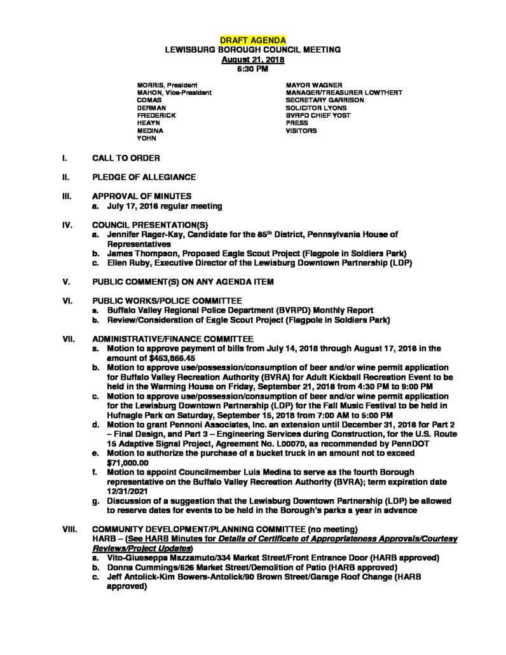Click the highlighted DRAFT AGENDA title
[252, 40]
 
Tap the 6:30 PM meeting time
[252, 68]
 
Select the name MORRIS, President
[167, 85]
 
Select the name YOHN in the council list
[147, 138]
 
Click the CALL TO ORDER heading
[126, 157]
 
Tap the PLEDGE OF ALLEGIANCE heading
[144, 177]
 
